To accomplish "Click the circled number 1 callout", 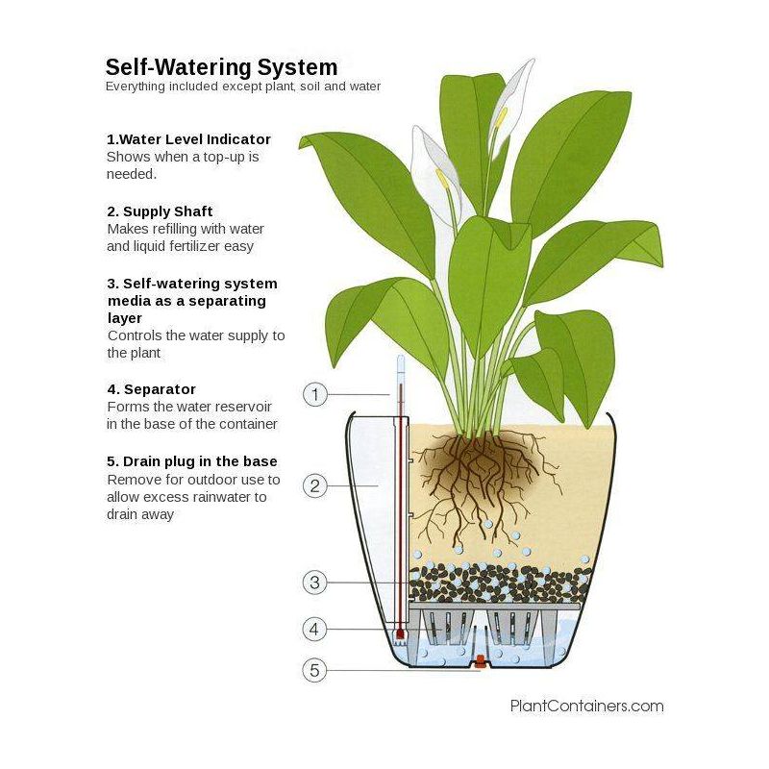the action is tap(315, 394).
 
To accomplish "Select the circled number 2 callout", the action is tap(315, 486).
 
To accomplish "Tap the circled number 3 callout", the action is tap(315, 583).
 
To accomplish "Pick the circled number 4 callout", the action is tap(315, 630).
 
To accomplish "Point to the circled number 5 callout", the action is tap(315, 670).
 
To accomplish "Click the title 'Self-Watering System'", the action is tap(222, 67).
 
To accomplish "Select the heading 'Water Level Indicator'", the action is tap(195, 139).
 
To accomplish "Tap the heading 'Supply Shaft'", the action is tap(167, 211).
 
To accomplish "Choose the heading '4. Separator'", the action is tap(152, 389).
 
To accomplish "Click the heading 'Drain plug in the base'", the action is tap(200, 461).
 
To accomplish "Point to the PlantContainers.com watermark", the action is tap(587, 706).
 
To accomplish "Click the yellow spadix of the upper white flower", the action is tap(500, 117).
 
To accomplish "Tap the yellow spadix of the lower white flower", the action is tap(442, 179).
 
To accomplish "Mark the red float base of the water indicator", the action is tap(400, 634).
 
